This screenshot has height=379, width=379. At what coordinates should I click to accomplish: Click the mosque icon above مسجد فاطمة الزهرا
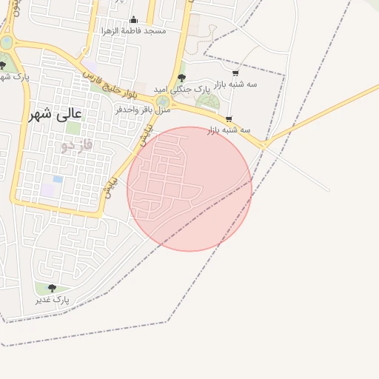pos(133,20)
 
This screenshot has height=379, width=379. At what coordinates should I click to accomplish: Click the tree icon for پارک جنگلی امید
pos(182,78)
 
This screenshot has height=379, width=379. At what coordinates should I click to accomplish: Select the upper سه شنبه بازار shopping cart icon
pos(235,73)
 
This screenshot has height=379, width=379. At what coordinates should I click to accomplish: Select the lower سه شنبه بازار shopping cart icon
pos(229,118)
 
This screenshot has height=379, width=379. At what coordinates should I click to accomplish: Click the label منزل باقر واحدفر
pos(143,110)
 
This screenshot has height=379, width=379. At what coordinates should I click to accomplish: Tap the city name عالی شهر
pos(56,114)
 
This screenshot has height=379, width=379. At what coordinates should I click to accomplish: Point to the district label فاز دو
pos(77,145)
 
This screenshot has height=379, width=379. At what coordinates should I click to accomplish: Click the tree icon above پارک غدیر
pos(51,288)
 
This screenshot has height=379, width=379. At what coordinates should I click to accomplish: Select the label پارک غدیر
pos(52,300)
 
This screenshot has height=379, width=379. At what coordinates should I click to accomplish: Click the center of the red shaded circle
pos(189,189)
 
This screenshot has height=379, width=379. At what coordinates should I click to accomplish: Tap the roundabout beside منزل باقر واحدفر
pos(163,101)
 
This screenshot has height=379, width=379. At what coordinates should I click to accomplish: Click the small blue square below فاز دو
pos(58,179)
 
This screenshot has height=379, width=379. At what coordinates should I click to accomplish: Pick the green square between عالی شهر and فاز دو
pos(73,127)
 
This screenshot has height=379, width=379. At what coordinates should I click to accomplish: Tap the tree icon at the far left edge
pos(3,65)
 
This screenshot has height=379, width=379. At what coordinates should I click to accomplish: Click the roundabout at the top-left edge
pos(6,42)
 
